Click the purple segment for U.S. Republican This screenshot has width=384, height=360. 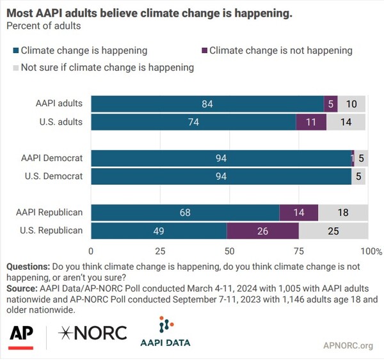262,231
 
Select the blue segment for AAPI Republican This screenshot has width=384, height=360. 185,213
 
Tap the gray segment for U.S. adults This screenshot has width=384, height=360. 346,121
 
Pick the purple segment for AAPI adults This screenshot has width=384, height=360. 331,104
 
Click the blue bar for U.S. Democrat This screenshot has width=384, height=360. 221,176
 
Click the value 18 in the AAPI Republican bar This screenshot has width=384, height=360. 343,213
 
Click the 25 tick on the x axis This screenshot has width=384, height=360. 161,251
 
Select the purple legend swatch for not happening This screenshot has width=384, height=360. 203,50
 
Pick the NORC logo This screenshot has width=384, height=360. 93,333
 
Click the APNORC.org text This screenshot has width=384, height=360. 348,346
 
